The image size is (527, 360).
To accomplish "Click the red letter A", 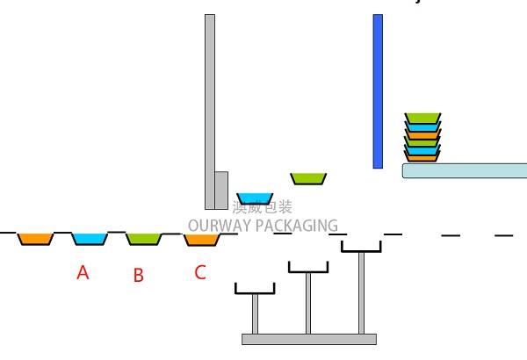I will click(x=83, y=272).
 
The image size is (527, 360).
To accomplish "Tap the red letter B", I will click(x=138, y=275).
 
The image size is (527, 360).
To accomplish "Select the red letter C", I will click(x=199, y=272).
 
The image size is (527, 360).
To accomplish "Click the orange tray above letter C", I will click(x=201, y=239).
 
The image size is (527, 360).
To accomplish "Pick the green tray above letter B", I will click(x=143, y=238).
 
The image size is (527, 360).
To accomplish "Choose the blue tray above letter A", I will click(x=89, y=238).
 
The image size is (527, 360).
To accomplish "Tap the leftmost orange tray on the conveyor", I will click(x=36, y=238).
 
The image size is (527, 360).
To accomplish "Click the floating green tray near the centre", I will click(x=308, y=178).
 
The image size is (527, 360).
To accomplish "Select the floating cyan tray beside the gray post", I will click(x=255, y=198).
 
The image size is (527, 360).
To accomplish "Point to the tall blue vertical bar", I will click(x=378, y=90).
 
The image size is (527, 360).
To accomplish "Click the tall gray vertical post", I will click(x=209, y=97).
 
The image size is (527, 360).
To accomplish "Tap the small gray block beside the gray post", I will click(x=221, y=190).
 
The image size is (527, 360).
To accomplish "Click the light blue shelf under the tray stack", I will click(x=464, y=170).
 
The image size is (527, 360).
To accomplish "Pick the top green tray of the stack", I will click(x=422, y=118).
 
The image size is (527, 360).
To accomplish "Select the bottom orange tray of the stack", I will click(x=422, y=157).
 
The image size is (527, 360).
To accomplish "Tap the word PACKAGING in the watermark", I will click(x=297, y=226).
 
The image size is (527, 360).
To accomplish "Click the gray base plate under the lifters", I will click(x=308, y=339).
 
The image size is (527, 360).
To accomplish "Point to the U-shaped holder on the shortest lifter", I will click(x=255, y=289).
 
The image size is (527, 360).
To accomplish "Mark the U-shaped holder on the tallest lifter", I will click(x=361, y=247).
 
